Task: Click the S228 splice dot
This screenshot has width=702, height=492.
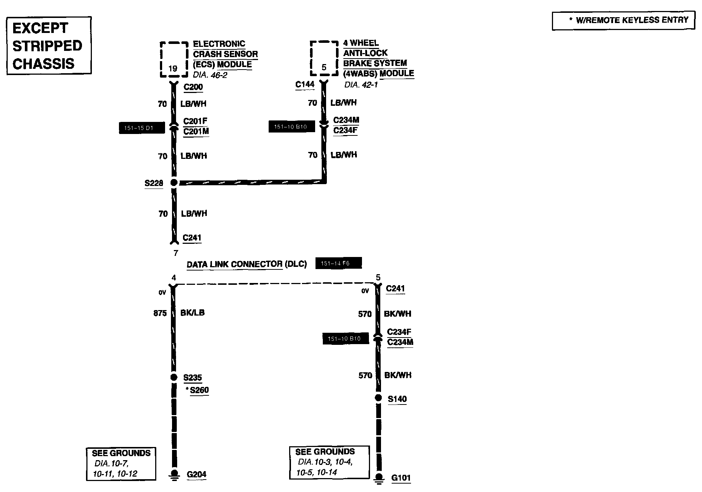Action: coord(174,182)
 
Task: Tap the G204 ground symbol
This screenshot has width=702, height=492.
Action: coord(174,474)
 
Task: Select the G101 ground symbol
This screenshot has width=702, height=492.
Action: coord(378,478)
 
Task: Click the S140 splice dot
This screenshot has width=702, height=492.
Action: coord(378,398)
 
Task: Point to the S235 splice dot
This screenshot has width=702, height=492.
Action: coord(174,377)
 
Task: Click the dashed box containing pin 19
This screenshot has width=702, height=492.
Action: coord(174,59)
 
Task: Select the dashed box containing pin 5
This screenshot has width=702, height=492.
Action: coord(324,59)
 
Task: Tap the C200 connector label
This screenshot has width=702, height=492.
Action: coord(193,87)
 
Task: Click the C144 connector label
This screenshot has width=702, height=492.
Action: coord(305,85)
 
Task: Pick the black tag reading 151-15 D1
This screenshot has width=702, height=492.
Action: coord(142,128)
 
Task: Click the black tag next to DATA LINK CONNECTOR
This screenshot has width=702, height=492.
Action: coord(338,263)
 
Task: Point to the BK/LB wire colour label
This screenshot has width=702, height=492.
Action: coord(193,313)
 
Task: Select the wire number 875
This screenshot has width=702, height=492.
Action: coord(160,313)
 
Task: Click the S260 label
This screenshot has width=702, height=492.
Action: coord(199,390)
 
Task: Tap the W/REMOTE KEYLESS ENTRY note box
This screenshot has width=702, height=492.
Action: coord(623,20)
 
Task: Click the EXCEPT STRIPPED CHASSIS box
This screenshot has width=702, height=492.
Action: coord(49,46)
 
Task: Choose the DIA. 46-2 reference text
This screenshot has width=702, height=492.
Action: coord(210,75)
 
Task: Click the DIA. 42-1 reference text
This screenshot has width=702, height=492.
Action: coord(361,85)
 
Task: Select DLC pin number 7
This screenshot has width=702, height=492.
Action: coord(176,253)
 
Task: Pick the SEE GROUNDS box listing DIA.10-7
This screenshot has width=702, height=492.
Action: coord(121,463)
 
